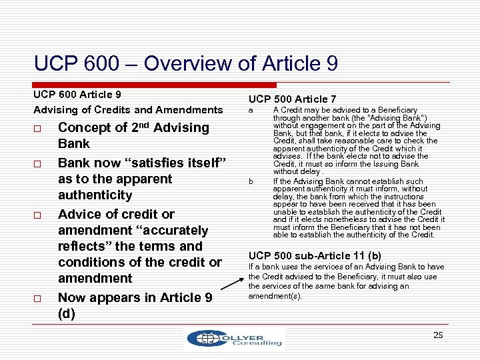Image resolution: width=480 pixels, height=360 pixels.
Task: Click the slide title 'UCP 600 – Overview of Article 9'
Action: point(186,63)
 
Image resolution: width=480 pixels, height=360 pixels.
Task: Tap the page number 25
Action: point(438,335)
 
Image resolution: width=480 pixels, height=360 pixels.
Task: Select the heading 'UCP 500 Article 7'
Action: point(292,99)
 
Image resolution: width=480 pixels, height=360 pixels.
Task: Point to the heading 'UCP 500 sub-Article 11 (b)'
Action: point(315,255)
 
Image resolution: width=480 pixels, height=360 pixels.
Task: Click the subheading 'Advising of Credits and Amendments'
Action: point(128,109)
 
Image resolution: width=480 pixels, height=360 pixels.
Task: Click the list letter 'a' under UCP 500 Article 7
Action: point(251,110)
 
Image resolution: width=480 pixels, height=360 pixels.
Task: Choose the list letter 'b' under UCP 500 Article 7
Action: point(251,181)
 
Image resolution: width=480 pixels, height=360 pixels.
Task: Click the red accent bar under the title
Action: point(155,85)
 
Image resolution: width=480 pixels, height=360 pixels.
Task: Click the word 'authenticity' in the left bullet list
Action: point(95,195)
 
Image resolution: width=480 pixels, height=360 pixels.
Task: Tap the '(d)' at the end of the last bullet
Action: point(67,313)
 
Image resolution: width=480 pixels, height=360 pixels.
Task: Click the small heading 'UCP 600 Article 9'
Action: point(77,94)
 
